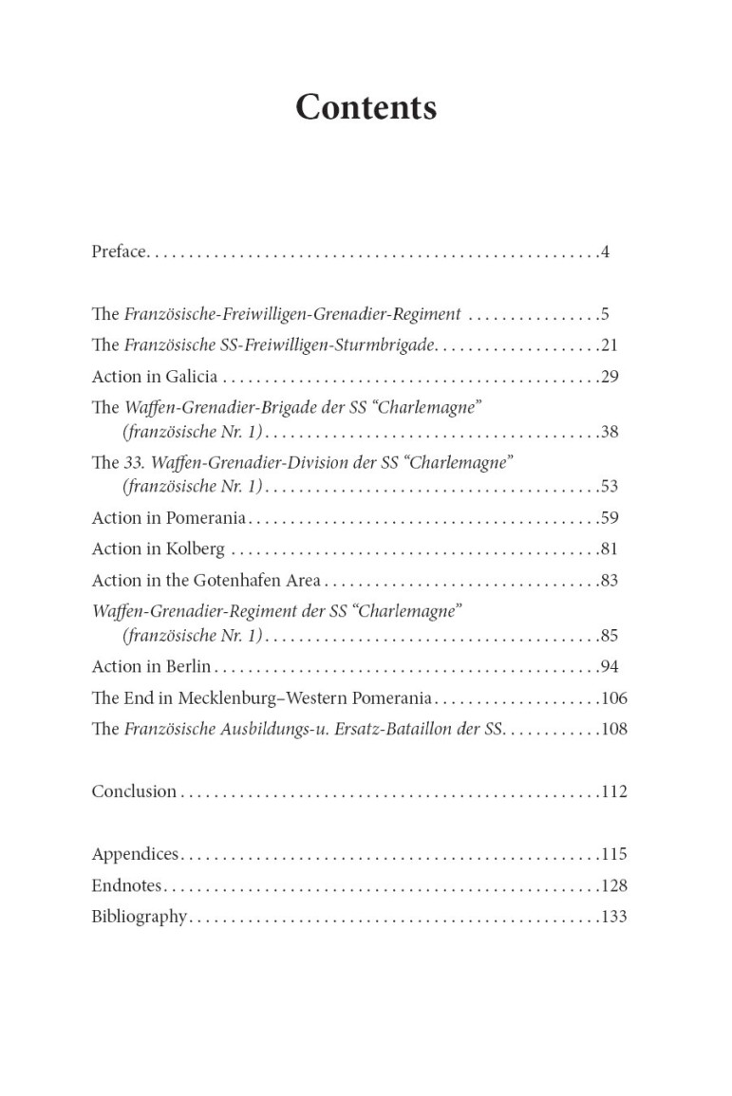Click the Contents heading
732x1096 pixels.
click(366, 107)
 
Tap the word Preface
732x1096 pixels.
click(119, 251)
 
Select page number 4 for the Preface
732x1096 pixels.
click(605, 251)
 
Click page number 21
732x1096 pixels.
click(610, 345)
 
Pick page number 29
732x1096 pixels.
click(610, 377)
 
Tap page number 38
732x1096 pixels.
click(610, 432)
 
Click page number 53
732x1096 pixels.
click(610, 487)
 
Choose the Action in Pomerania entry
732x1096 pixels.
click(168, 518)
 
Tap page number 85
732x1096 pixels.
click(610, 636)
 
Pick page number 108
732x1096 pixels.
click(614, 730)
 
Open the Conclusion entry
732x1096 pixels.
click(134, 791)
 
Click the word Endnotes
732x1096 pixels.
click(126, 885)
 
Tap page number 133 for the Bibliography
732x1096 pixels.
click(614, 917)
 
